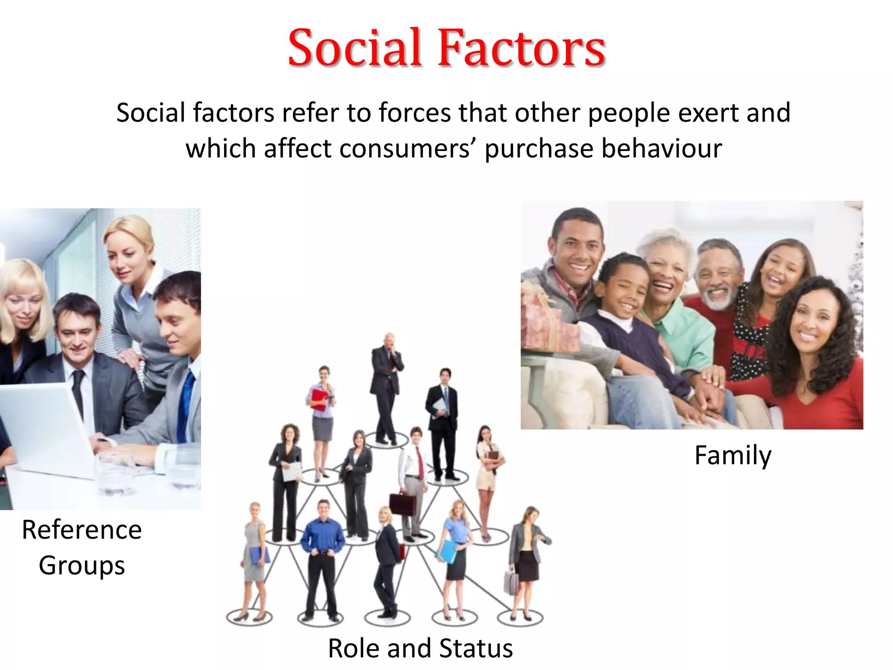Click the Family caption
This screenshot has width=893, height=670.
[733, 455]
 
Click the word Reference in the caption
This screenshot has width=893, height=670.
[82, 530]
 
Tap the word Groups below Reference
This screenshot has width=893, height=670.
[82, 565]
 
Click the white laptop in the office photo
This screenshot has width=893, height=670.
[44, 427]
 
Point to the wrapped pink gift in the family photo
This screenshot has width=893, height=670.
[549, 323]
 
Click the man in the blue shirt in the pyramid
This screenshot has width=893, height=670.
[323, 554]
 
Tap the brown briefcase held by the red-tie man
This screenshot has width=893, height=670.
[402, 504]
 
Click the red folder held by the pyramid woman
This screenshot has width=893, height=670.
[319, 399]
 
